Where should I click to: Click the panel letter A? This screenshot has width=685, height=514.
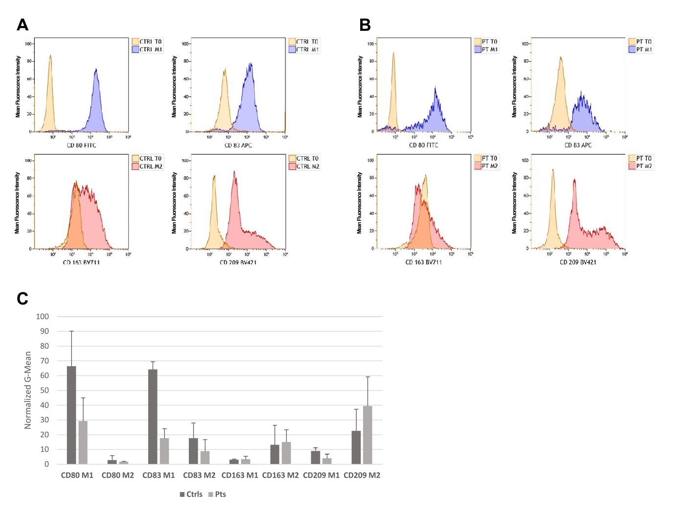point(23,24)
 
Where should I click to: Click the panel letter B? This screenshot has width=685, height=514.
point(365,24)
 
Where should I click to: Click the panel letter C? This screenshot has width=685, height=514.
point(23,298)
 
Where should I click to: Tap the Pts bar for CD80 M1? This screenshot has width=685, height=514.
point(83,443)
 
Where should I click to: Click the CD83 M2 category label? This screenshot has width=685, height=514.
point(199,475)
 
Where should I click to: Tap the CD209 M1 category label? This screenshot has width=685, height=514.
point(321,475)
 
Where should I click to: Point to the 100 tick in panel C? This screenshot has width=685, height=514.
point(43,316)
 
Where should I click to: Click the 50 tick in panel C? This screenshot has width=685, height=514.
point(45,390)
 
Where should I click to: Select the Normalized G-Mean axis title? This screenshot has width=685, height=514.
point(28,390)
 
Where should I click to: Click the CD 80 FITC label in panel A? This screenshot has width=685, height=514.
point(81,145)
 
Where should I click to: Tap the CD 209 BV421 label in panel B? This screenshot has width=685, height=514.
point(578,262)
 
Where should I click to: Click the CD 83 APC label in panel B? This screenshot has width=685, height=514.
point(578,145)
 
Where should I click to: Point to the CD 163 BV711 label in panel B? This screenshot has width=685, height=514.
point(424,262)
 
